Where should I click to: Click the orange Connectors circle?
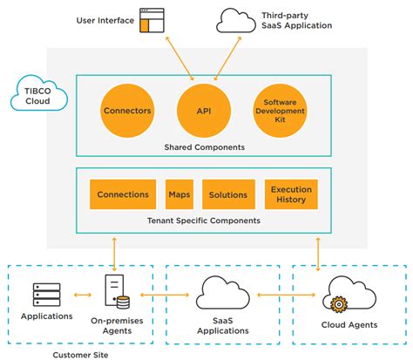(x=127, y=111)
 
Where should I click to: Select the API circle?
(x=204, y=111)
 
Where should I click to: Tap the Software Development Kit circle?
(x=281, y=111)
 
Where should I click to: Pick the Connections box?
(x=123, y=194)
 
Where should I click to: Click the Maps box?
(x=179, y=194)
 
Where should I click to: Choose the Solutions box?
(x=228, y=194)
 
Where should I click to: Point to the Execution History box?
(x=291, y=194)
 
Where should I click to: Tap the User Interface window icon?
(x=152, y=20)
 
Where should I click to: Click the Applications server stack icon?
(x=47, y=295)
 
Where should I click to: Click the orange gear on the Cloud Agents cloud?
(x=338, y=304)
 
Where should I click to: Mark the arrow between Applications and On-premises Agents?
(x=83, y=295)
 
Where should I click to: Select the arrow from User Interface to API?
(x=179, y=58)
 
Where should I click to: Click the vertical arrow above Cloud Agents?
(x=318, y=255)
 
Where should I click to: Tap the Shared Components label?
(x=205, y=147)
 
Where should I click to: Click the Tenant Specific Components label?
(x=204, y=221)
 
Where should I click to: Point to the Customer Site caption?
(x=80, y=355)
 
